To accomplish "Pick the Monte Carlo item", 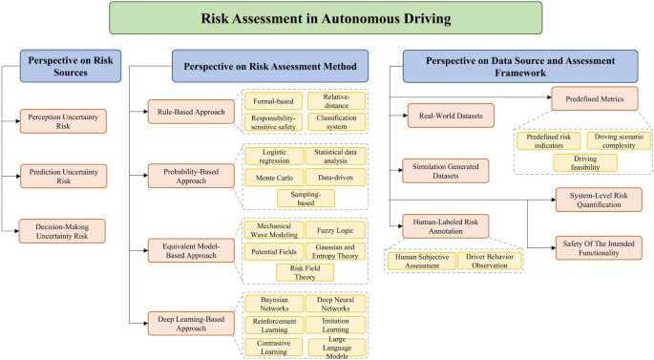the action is [x=273, y=177].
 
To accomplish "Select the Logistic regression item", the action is [x=273, y=155].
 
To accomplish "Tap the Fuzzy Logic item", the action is [x=334, y=230].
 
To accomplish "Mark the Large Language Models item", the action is [x=335, y=346].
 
